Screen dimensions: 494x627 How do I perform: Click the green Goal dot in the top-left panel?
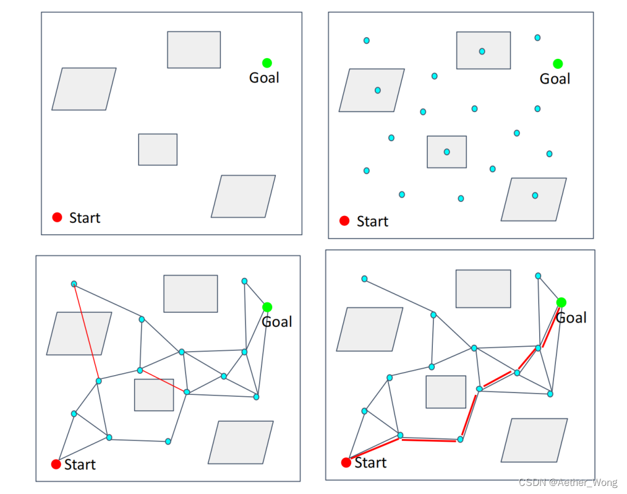pos(267,63)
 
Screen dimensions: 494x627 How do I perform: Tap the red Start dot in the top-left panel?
pos(58,217)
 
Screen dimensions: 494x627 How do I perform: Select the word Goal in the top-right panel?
pos(555,79)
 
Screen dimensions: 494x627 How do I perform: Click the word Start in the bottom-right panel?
pos(370,462)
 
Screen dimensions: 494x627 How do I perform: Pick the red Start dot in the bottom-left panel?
pos(56,464)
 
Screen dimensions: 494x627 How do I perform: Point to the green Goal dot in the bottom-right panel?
pos(561,302)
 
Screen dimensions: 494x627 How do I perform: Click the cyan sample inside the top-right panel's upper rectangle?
pos(482,51)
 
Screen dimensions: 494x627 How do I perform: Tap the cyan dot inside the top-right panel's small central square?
pos(446,152)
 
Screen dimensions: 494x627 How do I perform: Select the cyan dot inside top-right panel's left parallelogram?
pos(377,90)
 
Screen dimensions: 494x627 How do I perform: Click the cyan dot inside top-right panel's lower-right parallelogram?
pos(535,196)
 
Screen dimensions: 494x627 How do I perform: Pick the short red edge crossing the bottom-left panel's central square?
pos(163,381)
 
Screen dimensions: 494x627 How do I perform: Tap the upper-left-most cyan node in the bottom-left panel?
pos(74,284)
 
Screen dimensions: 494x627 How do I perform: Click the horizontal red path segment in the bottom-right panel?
pos(430,439)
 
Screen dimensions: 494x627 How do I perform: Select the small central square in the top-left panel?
pos(158,149)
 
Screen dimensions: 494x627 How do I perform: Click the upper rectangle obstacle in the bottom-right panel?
pos(483,288)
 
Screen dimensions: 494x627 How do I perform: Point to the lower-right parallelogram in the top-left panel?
pos(243,196)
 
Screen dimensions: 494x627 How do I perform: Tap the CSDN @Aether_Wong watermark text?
pos(569,482)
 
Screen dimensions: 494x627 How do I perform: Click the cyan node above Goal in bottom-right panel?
pos(538,275)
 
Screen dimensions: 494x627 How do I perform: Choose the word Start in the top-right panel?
pos(372,221)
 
